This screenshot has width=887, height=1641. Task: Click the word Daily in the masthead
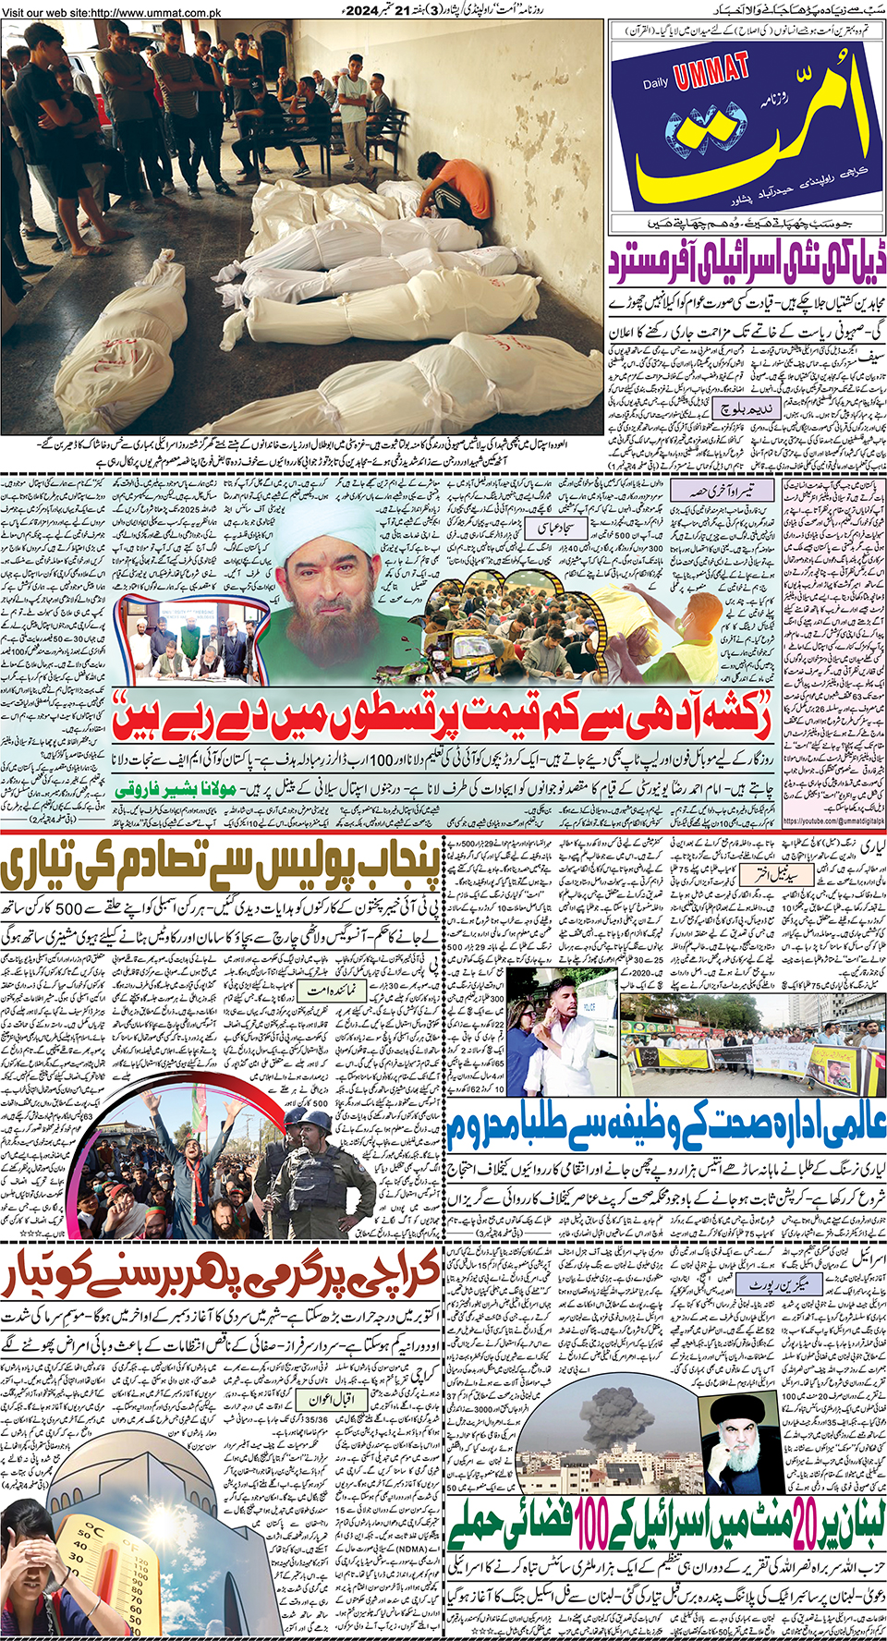(655, 84)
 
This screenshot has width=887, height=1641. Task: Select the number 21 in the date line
(401, 12)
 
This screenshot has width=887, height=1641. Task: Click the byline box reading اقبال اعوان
(332, 1400)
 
